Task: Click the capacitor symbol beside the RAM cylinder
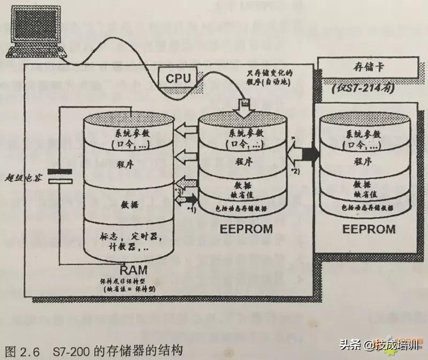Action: pos(59,176)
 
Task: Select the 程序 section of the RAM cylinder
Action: pos(128,163)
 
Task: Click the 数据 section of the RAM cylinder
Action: pos(128,204)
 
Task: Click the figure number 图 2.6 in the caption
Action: pos(22,351)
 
